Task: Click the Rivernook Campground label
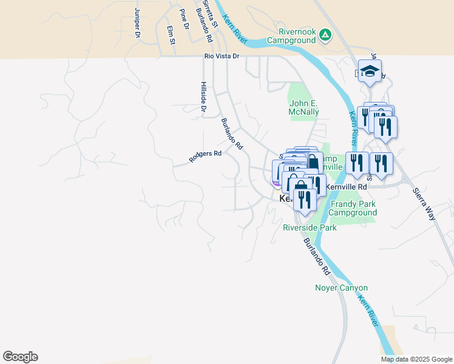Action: [x=297, y=35]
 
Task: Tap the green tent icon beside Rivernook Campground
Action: [x=325, y=35]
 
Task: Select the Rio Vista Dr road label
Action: [x=222, y=56]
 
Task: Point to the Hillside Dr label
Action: [x=203, y=97]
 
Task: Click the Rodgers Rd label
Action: [x=205, y=156]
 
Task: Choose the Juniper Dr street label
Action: [x=137, y=22]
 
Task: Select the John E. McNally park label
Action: [x=303, y=107]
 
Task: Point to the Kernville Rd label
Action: [x=347, y=187]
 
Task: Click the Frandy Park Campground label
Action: [x=353, y=208]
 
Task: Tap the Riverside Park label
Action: [x=310, y=227]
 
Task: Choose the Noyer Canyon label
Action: [x=342, y=288]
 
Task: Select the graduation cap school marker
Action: [x=370, y=72]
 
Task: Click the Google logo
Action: [x=20, y=357]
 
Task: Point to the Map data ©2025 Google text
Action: [x=416, y=359]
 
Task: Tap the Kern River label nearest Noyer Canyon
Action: [x=369, y=309]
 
